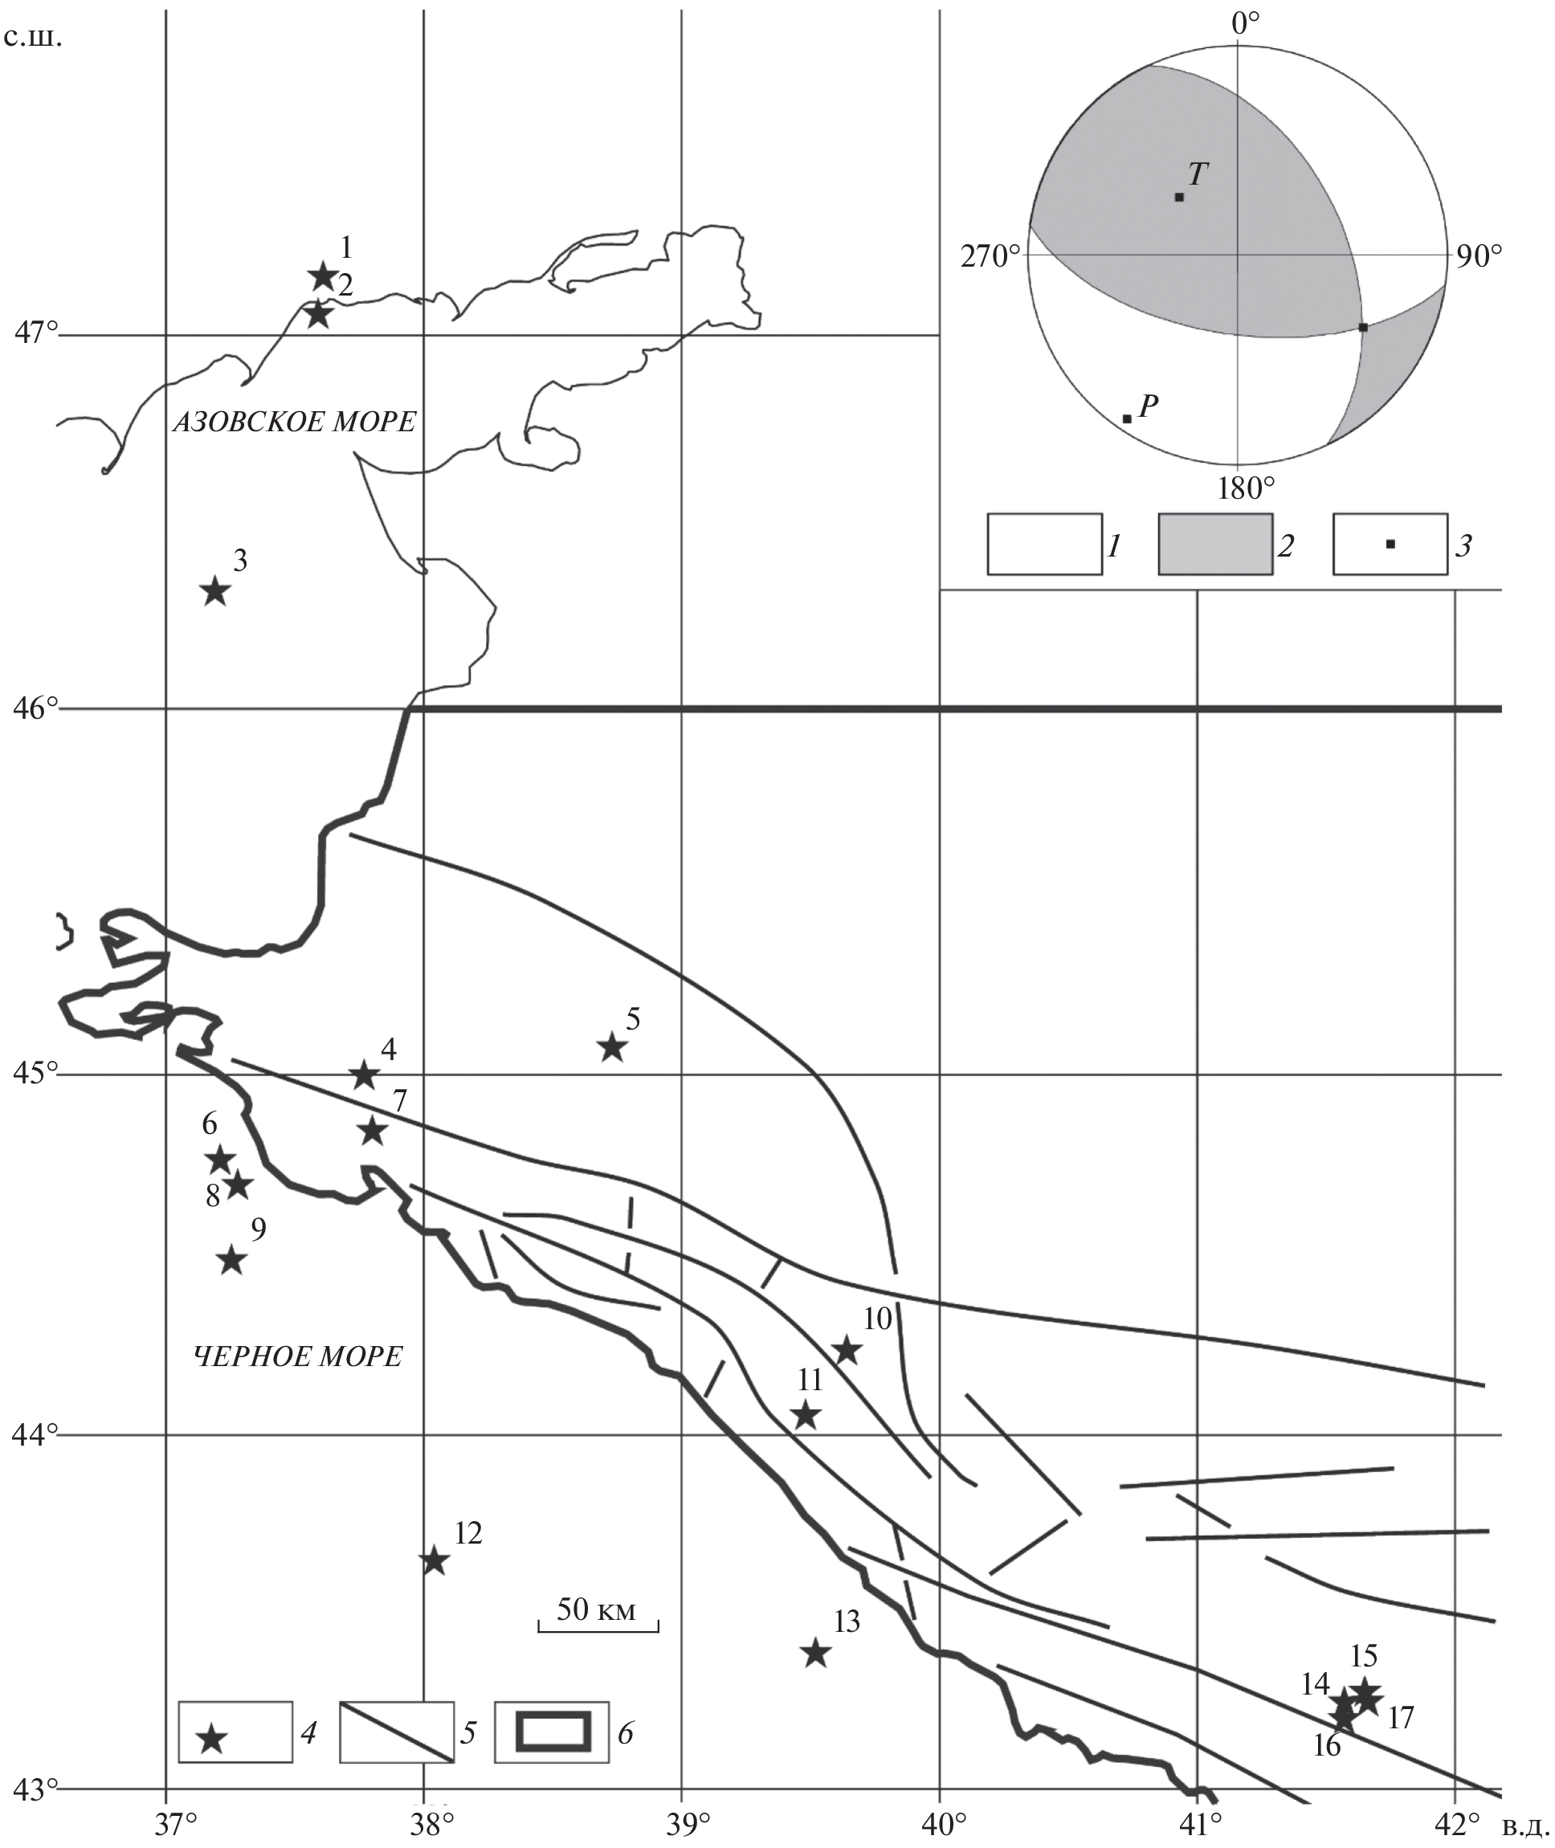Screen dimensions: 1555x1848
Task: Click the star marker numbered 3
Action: (x=215, y=591)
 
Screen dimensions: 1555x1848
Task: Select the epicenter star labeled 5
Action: (x=613, y=1049)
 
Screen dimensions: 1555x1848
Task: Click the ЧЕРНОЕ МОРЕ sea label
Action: (x=298, y=1356)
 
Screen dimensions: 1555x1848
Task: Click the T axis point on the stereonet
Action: (x=1179, y=197)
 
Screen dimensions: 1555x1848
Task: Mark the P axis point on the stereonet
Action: (x=1127, y=418)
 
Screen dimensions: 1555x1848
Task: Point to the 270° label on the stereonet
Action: (x=990, y=256)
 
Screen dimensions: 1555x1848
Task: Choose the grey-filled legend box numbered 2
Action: (x=1214, y=544)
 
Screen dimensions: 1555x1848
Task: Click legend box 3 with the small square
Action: (x=1390, y=544)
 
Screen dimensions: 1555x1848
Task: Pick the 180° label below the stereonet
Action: (x=1246, y=488)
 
